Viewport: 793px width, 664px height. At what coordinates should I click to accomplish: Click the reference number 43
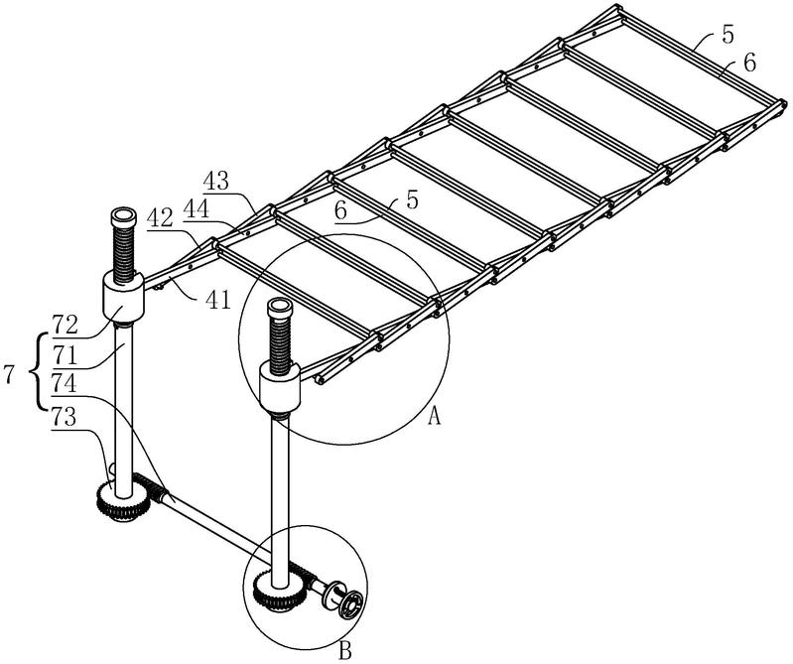click(216, 181)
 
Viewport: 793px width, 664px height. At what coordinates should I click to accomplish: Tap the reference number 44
click(197, 208)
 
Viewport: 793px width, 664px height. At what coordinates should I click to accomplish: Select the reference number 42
click(161, 218)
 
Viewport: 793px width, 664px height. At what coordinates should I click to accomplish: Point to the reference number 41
click(218, 300)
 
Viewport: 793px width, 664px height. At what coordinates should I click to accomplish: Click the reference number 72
click(65, 325)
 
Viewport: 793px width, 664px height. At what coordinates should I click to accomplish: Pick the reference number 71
click(64, 355)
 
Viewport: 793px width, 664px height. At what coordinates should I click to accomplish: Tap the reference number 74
click(65, 383)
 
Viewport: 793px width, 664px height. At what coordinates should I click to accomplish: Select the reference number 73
click(64, 418)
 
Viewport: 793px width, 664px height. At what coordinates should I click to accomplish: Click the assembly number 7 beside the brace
click(9, 375)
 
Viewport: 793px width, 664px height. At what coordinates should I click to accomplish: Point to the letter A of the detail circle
click(435, 416)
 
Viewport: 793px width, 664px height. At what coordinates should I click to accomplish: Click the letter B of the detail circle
click(345, 651)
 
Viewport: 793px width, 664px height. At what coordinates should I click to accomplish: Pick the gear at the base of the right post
click(278, 590)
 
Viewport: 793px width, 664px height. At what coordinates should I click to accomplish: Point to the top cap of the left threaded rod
click(123, 217)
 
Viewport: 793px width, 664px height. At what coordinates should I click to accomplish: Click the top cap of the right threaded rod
click(280, 308)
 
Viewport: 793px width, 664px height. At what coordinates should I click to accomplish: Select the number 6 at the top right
click(748, 64)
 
